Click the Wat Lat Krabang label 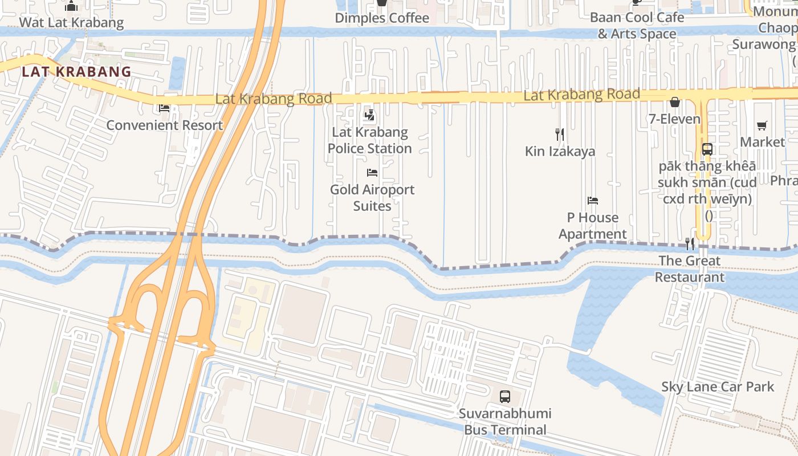tap(71, 23)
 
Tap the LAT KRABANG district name tap(76, 72)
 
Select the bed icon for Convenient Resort tap(164, 108)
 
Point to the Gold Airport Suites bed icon tap(372, 172)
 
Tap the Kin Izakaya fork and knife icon tap(560, 135)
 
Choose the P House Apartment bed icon tap(593, 201)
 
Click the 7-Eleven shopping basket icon tap(675, 102)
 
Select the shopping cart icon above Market tap(762, 125)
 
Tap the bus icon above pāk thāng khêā tap(707, 149)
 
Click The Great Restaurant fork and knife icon tap(690, 244)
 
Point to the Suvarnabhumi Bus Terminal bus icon tap(505, 396)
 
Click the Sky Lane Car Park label tap(718, 386)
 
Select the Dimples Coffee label tap(382, 18)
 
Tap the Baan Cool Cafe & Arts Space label tap(637, 26)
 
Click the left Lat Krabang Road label tap(274, 99)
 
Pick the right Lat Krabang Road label tap(581, 95)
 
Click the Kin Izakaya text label tap(560, 151)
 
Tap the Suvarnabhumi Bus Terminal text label tap(505, 421)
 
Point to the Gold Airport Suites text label tap(372, 197)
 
